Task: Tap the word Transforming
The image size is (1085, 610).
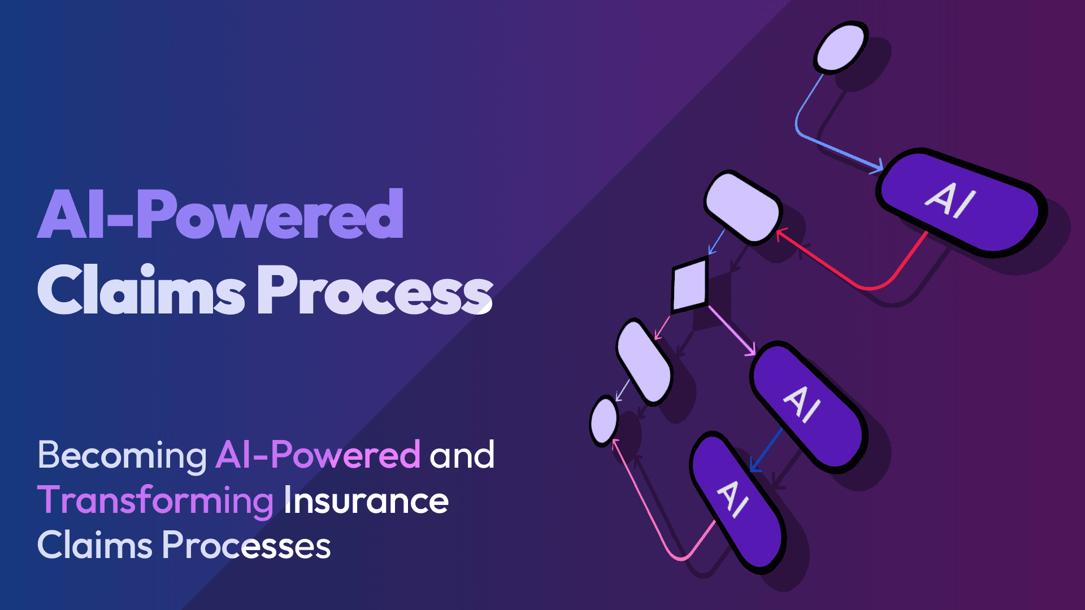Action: coord(156,502)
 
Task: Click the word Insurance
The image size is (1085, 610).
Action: coord(366,500)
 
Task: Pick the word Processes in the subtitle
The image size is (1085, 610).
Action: coord(246,546)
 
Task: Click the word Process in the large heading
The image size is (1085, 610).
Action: coord(375,289)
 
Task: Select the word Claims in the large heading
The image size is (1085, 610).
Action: coord(141,289)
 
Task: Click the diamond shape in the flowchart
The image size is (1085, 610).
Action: coord(689,285)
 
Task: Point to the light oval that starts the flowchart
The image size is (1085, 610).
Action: coord(840,47)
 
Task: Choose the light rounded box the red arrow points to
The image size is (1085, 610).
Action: coord(743,207)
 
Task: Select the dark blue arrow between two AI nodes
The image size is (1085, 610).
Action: coord(766,450)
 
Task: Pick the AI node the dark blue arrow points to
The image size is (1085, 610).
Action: coord(736,502)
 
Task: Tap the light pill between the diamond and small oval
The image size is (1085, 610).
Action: coord(644,362)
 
